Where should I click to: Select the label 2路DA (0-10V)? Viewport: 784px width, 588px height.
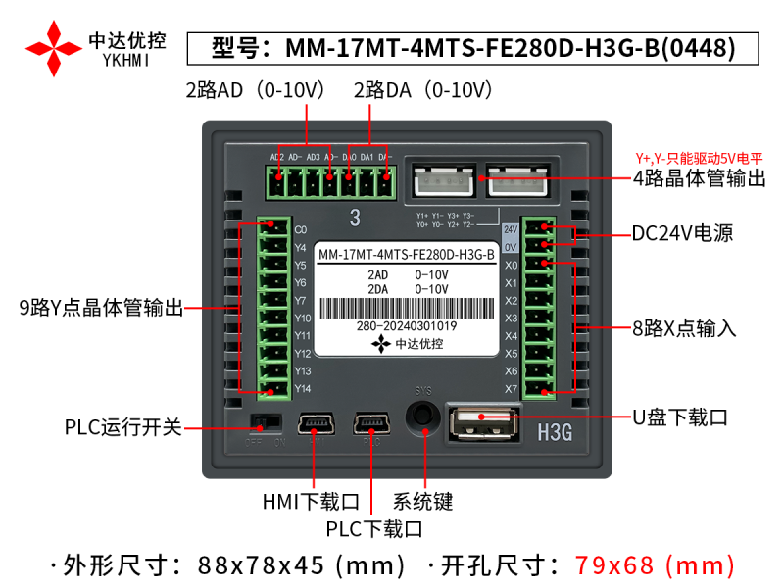click(422, 91)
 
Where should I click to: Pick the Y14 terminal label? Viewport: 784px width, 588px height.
click(303, 389)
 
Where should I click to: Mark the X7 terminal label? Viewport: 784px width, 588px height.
click(511, 389)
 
